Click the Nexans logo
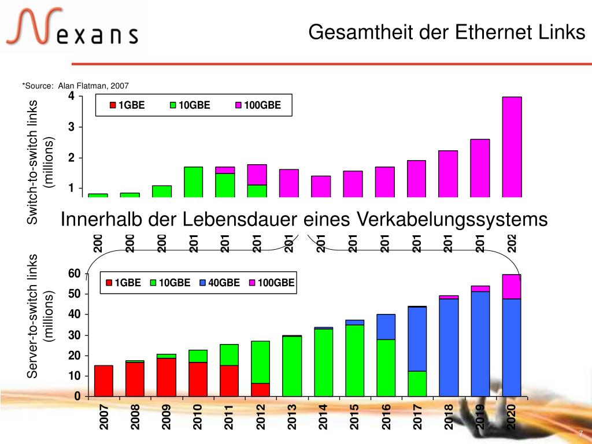coord(72,28)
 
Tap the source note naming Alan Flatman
coord(75,86)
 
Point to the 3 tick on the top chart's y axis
coord(71,127)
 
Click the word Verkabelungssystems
coord(452,220)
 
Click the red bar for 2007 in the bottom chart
coord(103,381)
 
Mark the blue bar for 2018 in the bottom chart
coord(449,347)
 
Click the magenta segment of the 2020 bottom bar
coord(512,286)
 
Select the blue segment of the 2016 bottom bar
coord(386,327)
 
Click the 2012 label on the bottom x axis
coord(261,417)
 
